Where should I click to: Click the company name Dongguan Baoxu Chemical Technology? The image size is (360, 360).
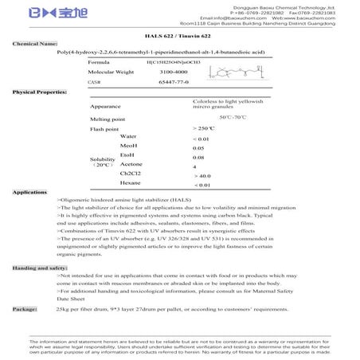coord(279,6)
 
